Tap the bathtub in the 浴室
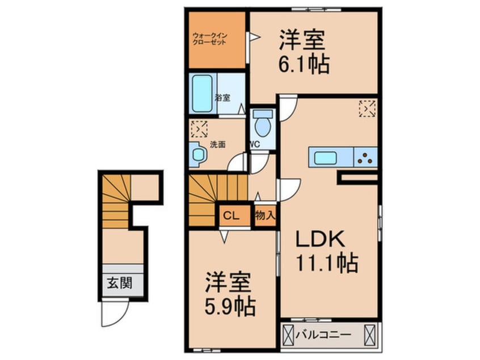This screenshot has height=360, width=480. (x=201, y=93)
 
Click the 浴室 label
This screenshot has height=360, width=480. (x=223, y=98)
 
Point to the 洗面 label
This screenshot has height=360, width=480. (x=218, y=144)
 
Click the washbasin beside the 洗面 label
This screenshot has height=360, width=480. (x=197, y=154)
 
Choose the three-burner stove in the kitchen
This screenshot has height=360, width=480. (x=366, y=157)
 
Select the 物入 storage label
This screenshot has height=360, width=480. (x=264, y=215)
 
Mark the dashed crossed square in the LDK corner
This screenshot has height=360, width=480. (x=367, y=108)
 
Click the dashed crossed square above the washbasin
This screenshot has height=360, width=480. (x=199, y=129)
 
